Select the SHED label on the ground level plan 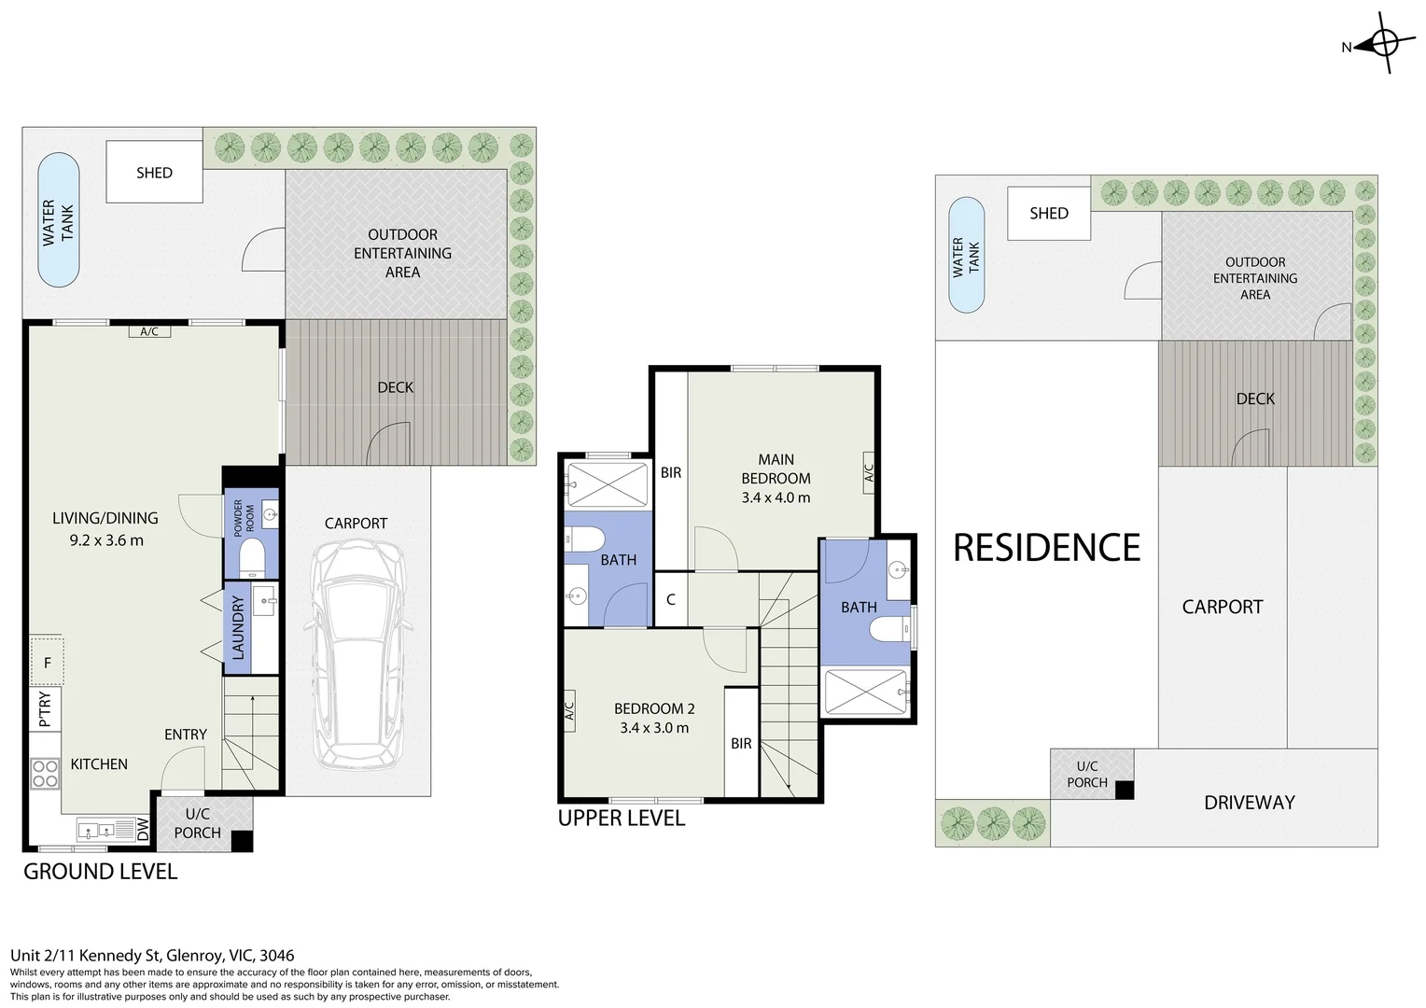[154, 173]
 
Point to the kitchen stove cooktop [46, 773]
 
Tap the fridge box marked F [47, 663]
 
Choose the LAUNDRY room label [237, 627]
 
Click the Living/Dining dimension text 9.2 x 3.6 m [105, 540]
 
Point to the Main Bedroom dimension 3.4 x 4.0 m [776, 497]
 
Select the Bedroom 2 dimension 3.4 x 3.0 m [654, 728]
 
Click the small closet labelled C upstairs [670, 599]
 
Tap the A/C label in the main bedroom [867, 472]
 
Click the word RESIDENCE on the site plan [1046, 548]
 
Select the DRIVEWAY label [1249, 803]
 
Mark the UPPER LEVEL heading [621, 819]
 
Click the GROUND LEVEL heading [100, 872]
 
